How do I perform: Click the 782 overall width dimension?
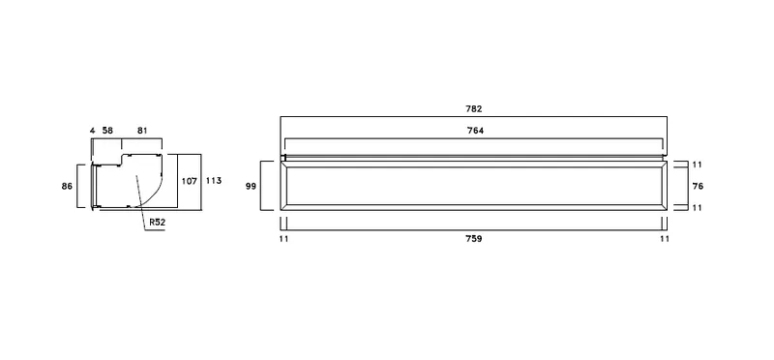(x=473, y=109)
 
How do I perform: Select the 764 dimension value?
(x=475, y=131)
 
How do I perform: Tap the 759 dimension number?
(x=473, y=239)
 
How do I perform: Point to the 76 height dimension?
(x=698, y=186)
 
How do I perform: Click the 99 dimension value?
(x=251, y=186)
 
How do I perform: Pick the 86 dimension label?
(x=67, y=186)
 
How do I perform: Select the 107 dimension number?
(x=189, y=181)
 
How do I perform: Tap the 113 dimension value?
(x=214, y=181)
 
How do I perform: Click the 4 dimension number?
(x=92, y=131)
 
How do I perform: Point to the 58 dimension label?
(x=107, y=131)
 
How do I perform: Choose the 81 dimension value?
(x=142, y=131)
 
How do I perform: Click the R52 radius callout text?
(x=158, y=223)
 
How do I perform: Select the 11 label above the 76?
(x=697, y=165)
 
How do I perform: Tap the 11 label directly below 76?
(x=697, y=208)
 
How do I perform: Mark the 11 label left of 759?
(x=283, y=239)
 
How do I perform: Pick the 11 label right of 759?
(x=665, y=239)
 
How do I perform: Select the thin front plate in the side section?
(x=92, y=186)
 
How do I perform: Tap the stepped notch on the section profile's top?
(x=122, y=159)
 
